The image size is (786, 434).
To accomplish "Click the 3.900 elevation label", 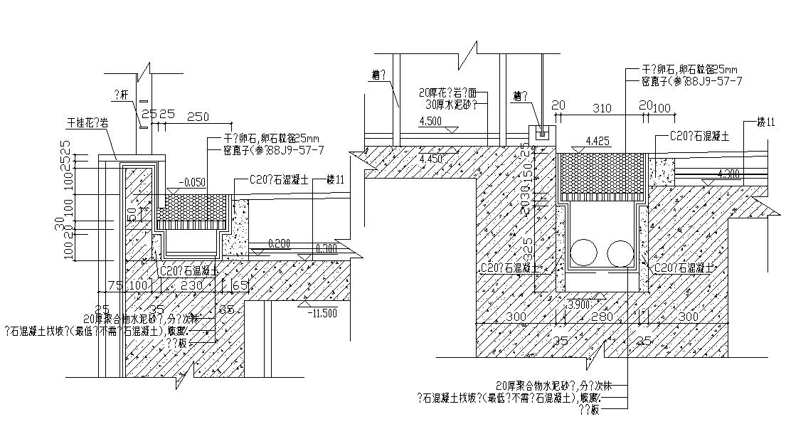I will pyautogui.click(x=578, y=305).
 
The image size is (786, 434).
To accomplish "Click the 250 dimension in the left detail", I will pyautogui.click(x=198, y=115).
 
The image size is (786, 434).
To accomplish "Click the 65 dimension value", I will pyautogui.click(x=240, y=285).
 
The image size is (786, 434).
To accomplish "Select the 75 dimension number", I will pyautogui.click(x=112, y=285).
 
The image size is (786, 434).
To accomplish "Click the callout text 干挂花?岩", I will pyautogui.click(x=87, y=123).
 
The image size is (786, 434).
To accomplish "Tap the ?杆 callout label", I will pyautogui.click(x=122, y=92).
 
